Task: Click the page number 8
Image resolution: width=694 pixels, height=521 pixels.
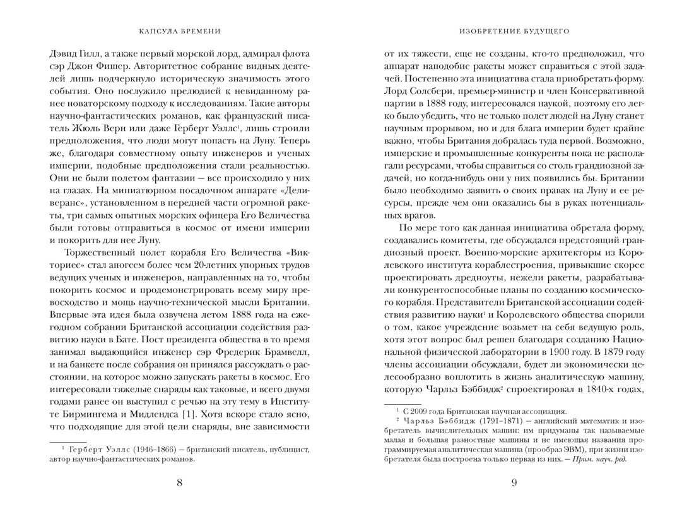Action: (x=179, y=484)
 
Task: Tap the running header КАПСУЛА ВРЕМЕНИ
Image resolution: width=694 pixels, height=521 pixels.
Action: (x=179, y=30)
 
